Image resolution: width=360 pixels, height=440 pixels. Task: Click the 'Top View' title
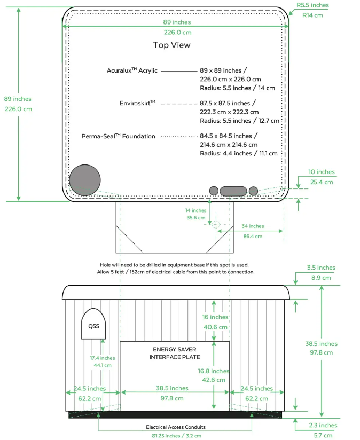171,45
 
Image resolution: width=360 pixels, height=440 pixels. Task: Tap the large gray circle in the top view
85,180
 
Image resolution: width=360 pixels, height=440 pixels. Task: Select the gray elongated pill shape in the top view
233,191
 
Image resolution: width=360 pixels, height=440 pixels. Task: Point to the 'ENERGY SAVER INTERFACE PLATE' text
175,353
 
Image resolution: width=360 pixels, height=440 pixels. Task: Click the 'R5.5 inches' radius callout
312,5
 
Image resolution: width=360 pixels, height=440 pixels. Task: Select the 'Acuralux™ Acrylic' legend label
131,70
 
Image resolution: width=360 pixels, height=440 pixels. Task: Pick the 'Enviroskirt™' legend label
137,103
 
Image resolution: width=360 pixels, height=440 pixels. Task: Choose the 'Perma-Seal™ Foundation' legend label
118,136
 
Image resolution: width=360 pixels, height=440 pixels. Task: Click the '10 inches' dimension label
322,172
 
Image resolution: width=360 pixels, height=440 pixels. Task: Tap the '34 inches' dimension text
253,226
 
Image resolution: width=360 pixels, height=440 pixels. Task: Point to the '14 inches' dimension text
195,210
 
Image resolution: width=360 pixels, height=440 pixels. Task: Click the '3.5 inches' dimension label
321,268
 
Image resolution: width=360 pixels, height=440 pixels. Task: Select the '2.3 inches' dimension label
323,426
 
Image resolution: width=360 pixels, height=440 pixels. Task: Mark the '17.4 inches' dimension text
101,358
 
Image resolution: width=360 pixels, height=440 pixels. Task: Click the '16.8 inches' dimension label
213,371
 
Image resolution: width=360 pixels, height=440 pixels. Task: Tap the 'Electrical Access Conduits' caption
176,427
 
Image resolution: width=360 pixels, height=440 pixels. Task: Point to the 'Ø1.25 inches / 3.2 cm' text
176,436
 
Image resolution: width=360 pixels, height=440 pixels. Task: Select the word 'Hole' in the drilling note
105,265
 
